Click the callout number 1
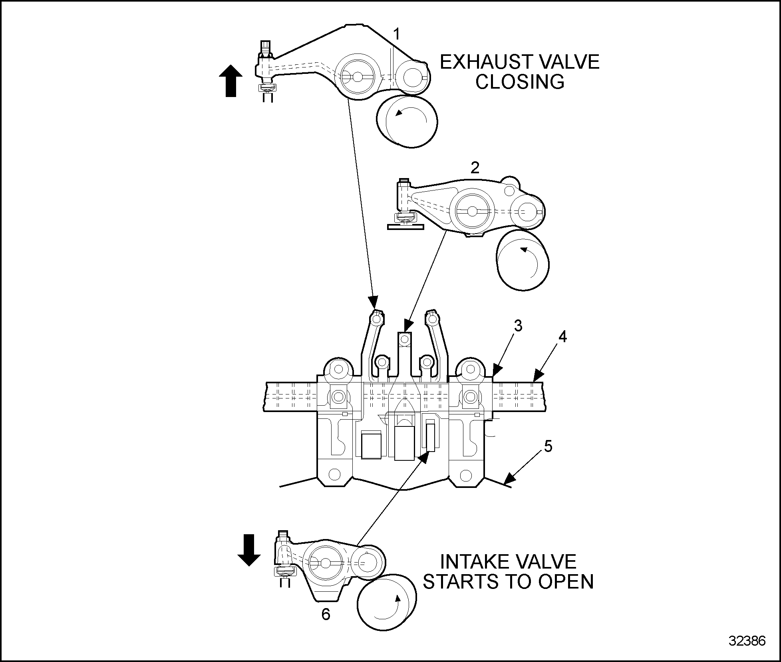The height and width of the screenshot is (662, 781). (x=396, y=35)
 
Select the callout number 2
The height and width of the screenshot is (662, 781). (x=475, y=168)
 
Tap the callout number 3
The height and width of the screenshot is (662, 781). (x=518, y=326)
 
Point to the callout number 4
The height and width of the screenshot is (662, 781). (x=562, y=337)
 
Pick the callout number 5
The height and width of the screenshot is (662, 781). (x=548, y=446)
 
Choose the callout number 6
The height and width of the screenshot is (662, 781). (x=326, y=614)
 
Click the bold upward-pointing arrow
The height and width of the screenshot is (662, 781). (x=231, y=81)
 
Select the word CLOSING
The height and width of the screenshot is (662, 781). (x=520, y=82)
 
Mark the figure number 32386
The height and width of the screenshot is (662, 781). (x=747, y=641)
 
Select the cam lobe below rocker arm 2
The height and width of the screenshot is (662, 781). (x=523, y=260)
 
